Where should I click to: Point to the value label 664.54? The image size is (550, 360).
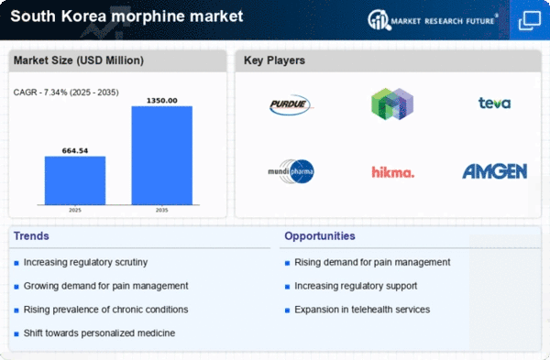coord(75,150)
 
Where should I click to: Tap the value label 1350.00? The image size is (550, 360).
coord(162,100)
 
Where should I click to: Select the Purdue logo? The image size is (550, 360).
coord(291,105)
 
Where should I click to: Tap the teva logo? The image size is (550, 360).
coord(493,104)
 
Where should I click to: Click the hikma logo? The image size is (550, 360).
coord(392,171)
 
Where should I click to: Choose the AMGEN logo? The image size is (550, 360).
coord(493,171)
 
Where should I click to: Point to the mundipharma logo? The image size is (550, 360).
coord(291,170)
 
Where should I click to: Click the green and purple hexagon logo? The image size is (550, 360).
coord(392,104)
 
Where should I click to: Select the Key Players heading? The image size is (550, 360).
coord(275,60)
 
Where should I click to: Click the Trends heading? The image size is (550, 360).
coord(31,236)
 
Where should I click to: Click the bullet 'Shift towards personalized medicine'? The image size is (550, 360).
coord(100,333)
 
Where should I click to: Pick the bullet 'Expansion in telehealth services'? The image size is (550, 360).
coord(362,310)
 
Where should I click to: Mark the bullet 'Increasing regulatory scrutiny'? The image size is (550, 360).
coord(87,262)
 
